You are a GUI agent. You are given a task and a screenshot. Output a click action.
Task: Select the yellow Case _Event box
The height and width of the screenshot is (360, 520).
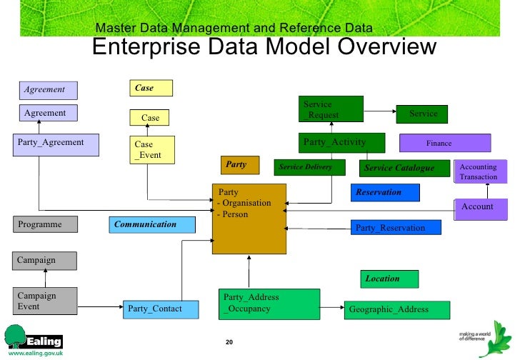tap(151, 149)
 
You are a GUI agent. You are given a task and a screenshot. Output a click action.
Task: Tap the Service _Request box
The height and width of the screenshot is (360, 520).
tap(330, 109)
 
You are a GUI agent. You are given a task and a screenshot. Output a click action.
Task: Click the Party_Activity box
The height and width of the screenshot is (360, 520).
tap(341, 142)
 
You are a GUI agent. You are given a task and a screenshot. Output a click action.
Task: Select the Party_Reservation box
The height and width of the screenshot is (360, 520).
tap(395, 228)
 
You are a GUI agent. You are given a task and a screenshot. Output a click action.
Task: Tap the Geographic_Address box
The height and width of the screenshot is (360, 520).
tap(398, 309)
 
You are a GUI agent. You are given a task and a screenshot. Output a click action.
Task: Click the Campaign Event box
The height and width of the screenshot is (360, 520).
tap(45, 301)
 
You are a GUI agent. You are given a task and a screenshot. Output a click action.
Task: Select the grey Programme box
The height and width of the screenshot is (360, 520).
tap(45, 224)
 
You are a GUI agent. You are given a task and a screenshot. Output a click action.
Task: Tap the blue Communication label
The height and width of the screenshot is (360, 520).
tap(153, 224)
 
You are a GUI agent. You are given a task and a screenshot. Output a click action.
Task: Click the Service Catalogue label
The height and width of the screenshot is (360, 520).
tap(405, 168)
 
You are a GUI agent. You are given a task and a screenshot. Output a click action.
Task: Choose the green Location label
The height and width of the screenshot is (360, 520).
tap(389, 279)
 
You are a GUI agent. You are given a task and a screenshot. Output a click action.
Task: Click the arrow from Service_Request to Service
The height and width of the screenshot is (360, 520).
tap(379, 111)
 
